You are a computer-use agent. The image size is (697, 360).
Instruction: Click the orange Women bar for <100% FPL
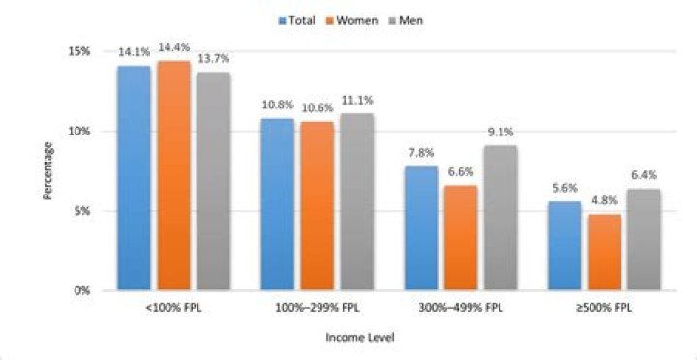click(173, 175)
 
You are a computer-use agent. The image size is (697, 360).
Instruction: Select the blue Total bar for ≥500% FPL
click(564, 246)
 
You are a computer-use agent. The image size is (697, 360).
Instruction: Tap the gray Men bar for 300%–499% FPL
click(500, 218)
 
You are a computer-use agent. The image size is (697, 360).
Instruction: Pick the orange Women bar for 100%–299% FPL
click(317, 206)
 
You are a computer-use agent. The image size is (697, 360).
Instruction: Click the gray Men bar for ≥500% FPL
click(644, 240)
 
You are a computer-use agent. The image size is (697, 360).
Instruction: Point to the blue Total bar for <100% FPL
click(134, 178)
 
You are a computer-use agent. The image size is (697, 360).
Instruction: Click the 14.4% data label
click(173, 46)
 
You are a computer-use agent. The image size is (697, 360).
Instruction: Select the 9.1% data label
click(500, 132)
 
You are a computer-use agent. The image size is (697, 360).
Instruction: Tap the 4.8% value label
click(604, 200)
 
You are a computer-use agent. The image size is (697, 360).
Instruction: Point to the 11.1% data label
click(357, 101)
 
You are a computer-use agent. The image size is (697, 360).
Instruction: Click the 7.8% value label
click(421, 153)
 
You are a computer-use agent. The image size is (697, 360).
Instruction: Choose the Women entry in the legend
click(353, 21)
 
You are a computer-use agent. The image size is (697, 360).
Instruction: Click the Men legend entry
click(407, 21)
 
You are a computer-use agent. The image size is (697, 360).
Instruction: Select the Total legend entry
click(297, 21)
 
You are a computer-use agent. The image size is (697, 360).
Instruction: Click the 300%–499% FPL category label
click(461, 308)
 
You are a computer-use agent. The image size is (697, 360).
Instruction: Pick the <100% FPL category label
click(173, 308)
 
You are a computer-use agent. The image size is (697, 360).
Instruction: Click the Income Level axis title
click(360, 338)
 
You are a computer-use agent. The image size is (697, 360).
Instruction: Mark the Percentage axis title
click(48, 170)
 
